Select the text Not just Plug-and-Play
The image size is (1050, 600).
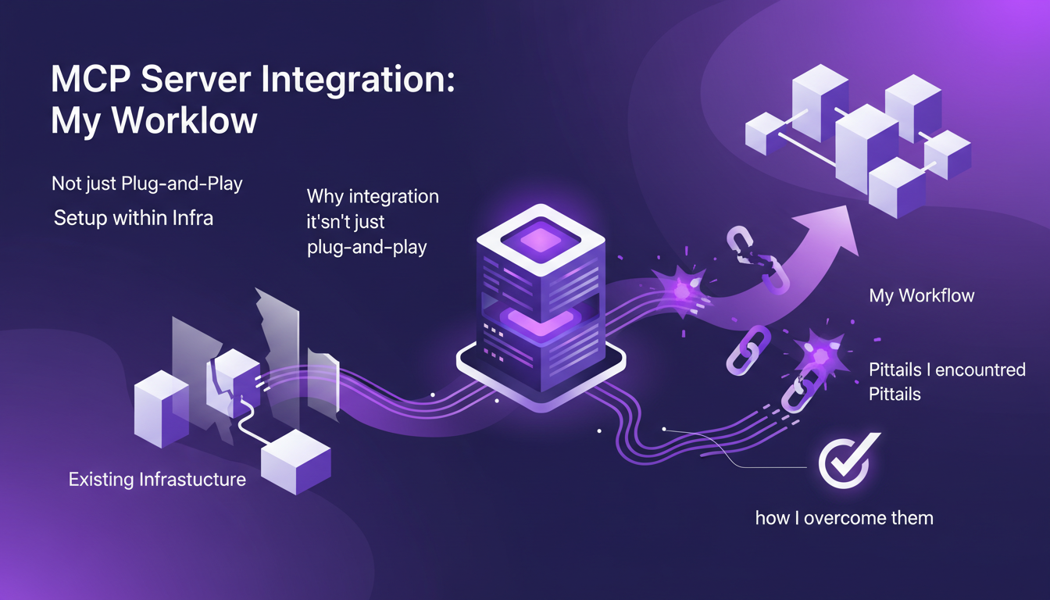147,184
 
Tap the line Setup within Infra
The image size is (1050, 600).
133,218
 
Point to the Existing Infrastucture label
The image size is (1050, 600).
157,479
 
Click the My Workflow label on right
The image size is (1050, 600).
921,296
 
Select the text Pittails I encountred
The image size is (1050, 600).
947,370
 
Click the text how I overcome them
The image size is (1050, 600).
844,517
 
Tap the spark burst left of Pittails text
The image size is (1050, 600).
817,356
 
